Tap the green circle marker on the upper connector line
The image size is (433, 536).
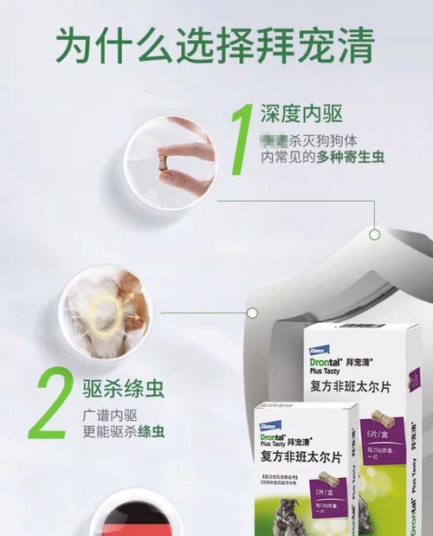tap(374, 234)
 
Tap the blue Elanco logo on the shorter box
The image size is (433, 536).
tap(270, 414)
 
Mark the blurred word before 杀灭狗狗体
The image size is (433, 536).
tap(276, 139)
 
